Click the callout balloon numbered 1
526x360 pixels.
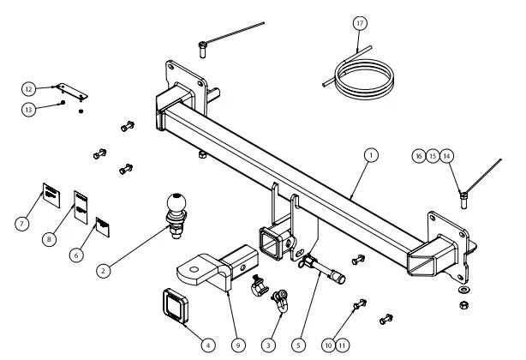[x=370, y=155]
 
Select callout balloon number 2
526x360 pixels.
[x=103, y=271]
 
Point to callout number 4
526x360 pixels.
[x=206, y=345]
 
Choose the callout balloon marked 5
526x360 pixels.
[x=297, y=345]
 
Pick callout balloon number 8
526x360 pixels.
[x=51, y=239]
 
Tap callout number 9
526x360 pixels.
[x=237, y=345]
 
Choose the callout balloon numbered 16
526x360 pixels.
[x=418, y=156]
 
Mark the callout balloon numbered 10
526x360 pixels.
[x=327, y=345]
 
